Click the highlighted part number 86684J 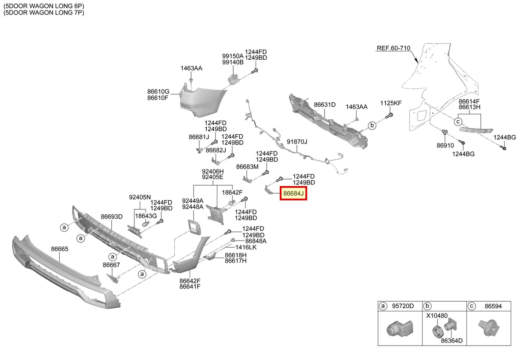(293, 194)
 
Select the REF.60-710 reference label (393, 48)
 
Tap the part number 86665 (60, 249)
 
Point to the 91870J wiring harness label (297, 142)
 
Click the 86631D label (325, 104)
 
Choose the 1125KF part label (391, 103)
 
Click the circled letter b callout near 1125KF (372, 125)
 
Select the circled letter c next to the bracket (458, 122)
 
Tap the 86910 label (445, 146)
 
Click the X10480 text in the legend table (437, 316)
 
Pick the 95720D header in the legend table (403, 306)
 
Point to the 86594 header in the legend (493, 306)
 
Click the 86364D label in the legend (452, 341)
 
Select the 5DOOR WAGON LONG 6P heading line (44, 6)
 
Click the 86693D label (112, 216)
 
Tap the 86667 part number (111, 265)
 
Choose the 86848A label (256, 241)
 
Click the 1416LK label (246, 247)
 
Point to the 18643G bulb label (146, 216)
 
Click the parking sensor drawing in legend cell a (400, 328)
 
